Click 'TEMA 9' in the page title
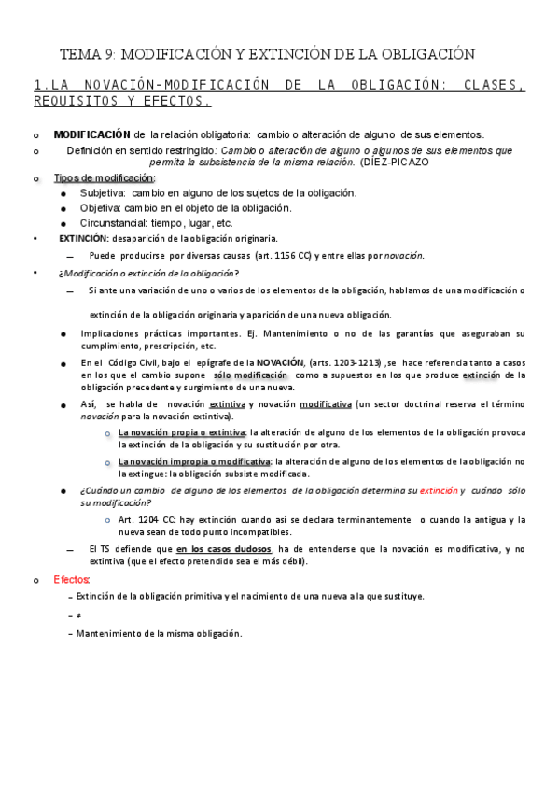pos(87,54)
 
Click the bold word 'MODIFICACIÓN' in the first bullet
pos(91,135)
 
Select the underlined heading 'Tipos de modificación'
pos(104,177)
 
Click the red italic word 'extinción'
pos(439,489)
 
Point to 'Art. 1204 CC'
pos(145,519)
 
